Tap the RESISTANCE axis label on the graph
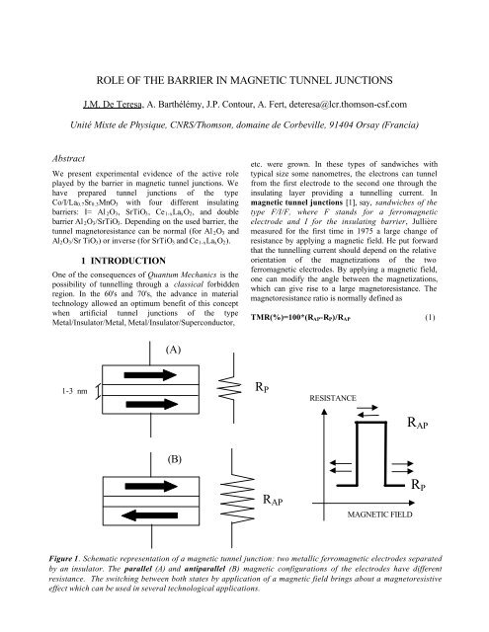340,403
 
